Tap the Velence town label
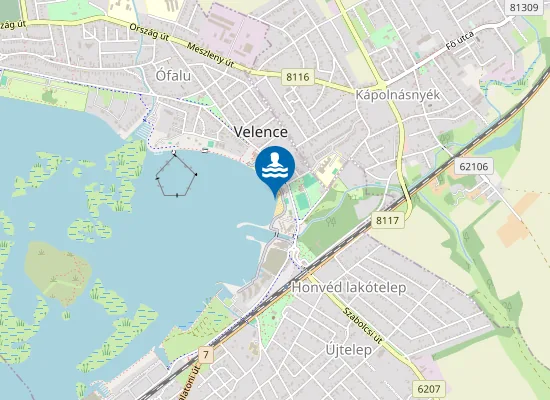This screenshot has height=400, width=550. [260, 132]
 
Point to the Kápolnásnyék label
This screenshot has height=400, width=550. [399, 94]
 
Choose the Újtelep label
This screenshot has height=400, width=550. [349, 350]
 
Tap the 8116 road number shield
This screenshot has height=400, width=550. [298, 76]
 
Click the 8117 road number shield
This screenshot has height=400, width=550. [388, 220]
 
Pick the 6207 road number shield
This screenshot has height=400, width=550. [428, 387]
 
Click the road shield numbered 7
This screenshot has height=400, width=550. [205, 355]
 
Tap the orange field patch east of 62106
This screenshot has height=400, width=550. [513, 230]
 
